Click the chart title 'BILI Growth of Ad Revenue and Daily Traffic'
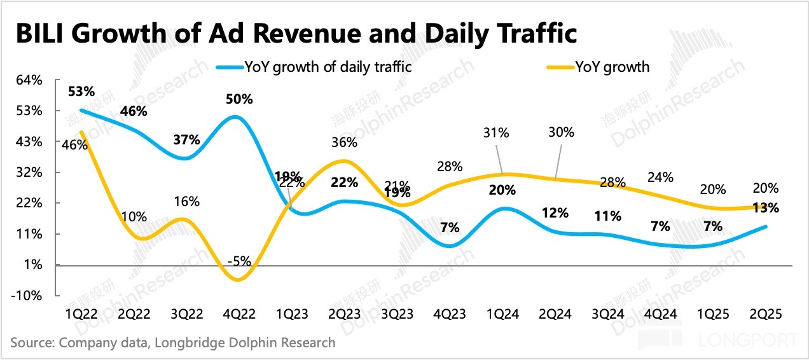(296, 33)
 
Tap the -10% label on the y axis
(29, 296)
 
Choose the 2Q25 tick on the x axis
(766, 315)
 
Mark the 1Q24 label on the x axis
(502, 315)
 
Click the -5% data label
(242, 260)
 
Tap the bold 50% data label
(239, 99)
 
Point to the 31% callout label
(495, 133)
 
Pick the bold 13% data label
(766, 207)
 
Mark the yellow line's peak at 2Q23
(344, 160)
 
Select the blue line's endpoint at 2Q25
(766, 226)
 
